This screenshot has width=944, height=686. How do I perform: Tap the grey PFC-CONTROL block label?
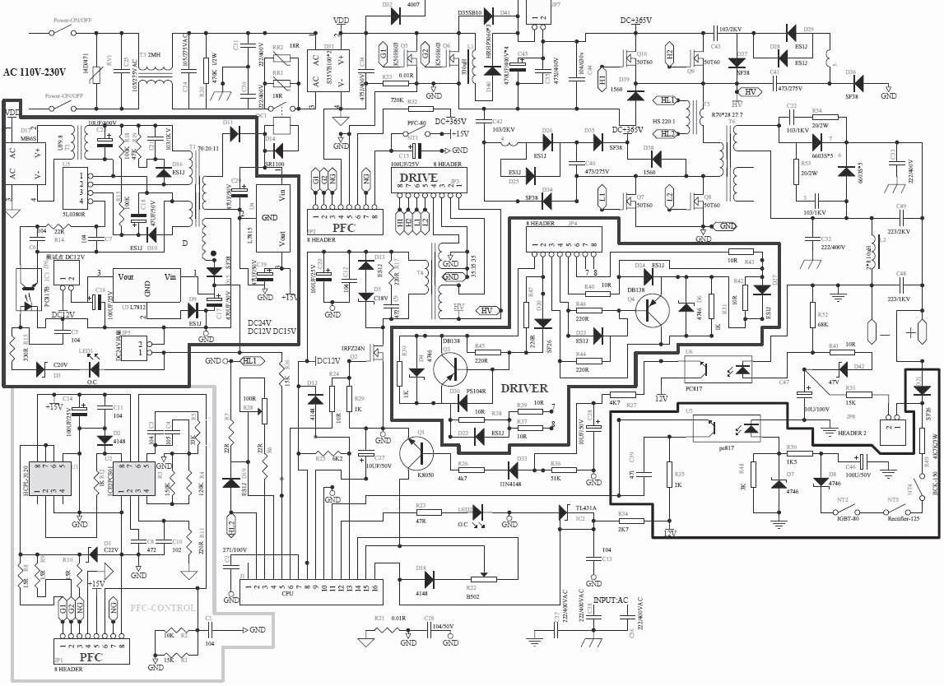click(163, 608)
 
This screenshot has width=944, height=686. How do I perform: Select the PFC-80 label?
click(416, 123)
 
